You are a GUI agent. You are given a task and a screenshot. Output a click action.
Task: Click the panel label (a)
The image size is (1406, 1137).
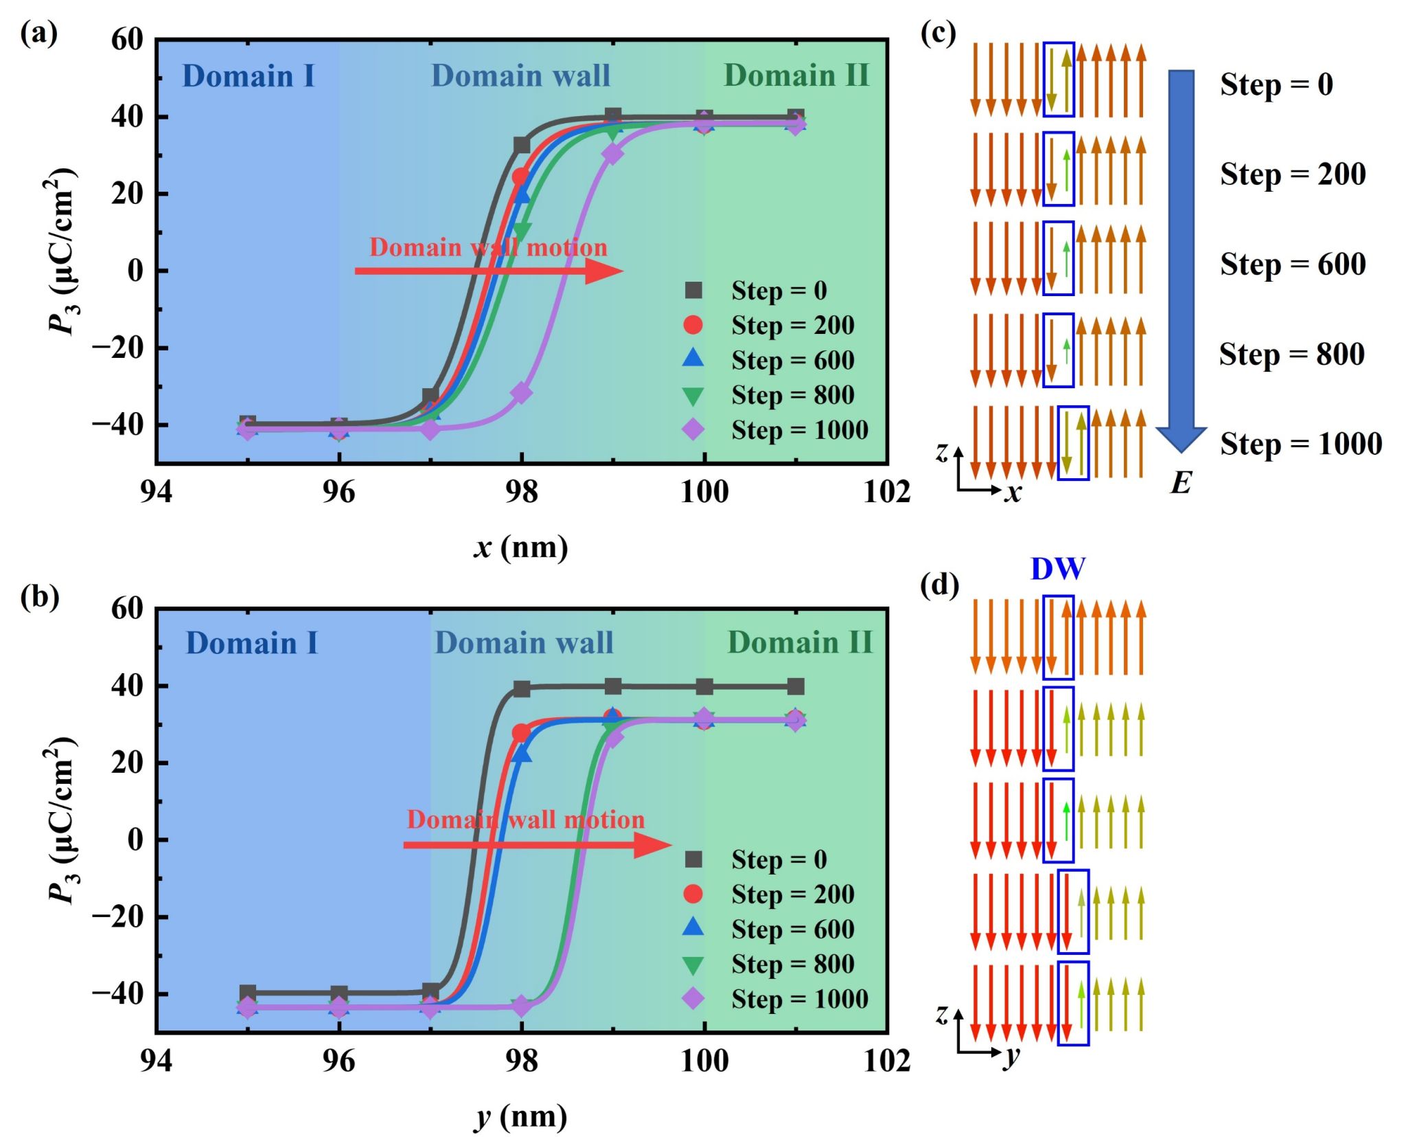38,33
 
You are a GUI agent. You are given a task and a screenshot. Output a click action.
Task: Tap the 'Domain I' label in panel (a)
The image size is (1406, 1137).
248,76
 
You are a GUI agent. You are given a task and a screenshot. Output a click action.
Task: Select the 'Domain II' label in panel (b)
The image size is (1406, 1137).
800,643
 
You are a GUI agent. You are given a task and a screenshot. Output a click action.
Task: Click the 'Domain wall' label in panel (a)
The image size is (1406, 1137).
520,76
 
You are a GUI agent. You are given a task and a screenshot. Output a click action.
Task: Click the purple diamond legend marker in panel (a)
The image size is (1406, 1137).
693,429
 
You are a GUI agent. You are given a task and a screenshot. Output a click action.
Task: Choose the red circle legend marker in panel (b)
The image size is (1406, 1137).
693,894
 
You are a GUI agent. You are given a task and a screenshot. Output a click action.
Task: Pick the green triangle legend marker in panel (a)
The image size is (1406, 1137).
693,396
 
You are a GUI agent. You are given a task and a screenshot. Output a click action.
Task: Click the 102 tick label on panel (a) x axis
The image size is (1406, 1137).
886,492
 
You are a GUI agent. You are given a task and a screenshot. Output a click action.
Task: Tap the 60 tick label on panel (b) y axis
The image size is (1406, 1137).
127,608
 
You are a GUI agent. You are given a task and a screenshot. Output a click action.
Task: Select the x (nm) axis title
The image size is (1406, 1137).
520,548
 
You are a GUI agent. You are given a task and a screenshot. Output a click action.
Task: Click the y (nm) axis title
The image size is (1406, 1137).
520,1116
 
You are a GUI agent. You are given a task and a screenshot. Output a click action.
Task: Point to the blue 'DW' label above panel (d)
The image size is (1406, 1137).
1058,569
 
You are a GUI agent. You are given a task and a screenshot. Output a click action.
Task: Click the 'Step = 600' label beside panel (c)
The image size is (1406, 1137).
1293,264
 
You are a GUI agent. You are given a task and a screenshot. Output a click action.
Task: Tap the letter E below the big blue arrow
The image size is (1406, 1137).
1181,483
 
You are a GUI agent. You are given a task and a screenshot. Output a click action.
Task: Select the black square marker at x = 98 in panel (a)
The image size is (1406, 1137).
522,146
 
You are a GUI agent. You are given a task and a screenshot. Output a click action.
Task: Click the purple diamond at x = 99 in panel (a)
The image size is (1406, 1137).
612,154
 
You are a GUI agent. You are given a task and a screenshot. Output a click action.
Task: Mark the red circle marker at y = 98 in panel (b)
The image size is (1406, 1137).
521,733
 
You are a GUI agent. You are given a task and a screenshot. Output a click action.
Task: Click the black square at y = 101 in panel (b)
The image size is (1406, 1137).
796,686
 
